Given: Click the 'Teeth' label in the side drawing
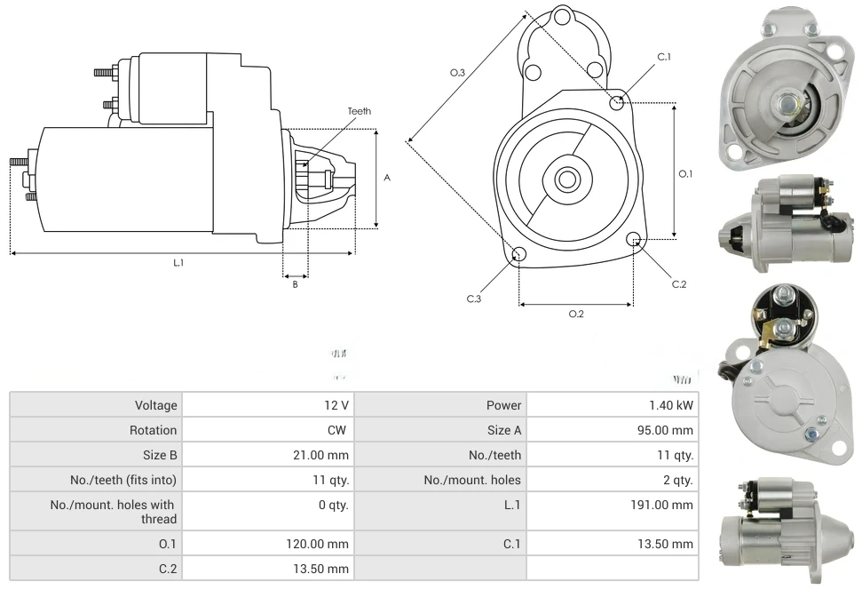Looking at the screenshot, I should tap(359, 111).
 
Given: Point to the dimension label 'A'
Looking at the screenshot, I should tap(387, 178).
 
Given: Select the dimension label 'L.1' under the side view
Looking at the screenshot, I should tap(178, 262).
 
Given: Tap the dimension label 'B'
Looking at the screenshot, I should tap(295, 284).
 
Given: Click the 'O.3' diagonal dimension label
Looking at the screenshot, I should tap(458, 73).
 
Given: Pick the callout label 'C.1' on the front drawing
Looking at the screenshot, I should tap(664, 57).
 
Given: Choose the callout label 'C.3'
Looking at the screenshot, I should tap(474, 299).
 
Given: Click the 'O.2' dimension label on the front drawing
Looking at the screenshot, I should tap(576, 314).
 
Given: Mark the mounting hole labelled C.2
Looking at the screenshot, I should tap(634, 239).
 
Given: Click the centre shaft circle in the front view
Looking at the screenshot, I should tap(566, 179).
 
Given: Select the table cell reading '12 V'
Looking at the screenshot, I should tap(336, 405).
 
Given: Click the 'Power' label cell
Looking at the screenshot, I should tap(503, 405).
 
